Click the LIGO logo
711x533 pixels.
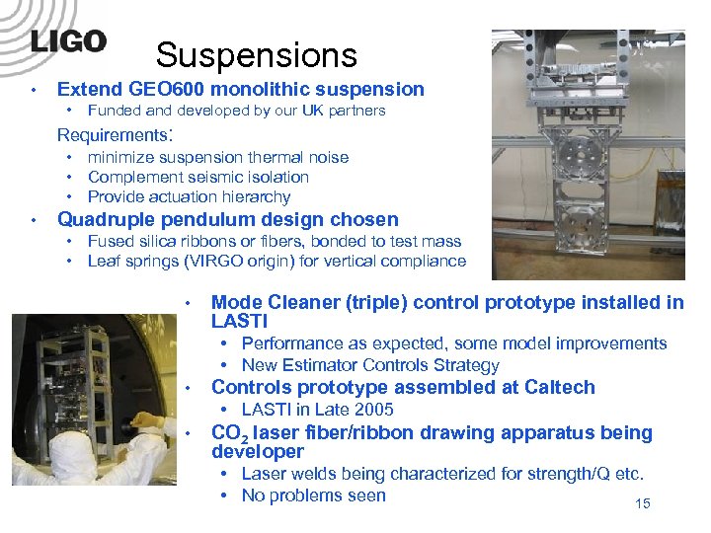pyautogui.click(x=67, y=42)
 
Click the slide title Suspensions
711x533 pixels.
pyautogui.click(x=256, y=55)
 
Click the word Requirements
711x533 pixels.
pyautogui.click(x=112, y=134)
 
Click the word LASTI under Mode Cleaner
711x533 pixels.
pyautogui.click(x=240, y=322)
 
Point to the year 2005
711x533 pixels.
pyautogui.click(x=371, y=410)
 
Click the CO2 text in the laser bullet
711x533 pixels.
pyautogui.click(x=230, y=433)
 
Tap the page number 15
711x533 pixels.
pyautogui.click(x=642, y=505)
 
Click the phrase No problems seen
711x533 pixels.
pyautogui.click(x=313, y=495)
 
